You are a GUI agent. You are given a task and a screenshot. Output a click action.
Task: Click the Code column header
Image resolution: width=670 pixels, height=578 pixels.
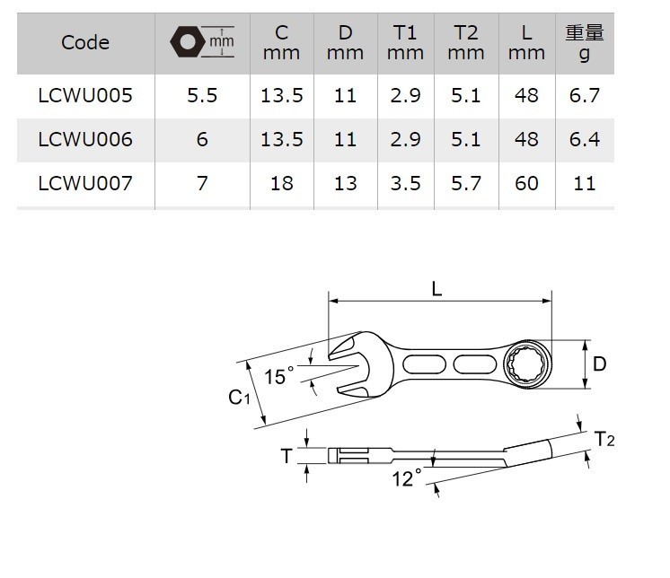point(85,42)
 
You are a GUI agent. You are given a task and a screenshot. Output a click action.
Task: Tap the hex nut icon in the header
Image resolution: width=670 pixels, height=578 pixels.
point(187,42)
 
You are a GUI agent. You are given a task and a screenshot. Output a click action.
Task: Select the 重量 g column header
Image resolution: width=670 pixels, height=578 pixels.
point(584,42)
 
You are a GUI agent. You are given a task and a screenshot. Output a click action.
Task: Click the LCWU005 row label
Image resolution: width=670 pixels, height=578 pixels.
point(85,95)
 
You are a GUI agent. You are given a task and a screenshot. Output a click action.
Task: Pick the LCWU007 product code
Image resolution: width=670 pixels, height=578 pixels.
point(85,184)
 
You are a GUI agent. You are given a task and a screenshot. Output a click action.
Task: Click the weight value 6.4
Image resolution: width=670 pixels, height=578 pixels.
point(584,140)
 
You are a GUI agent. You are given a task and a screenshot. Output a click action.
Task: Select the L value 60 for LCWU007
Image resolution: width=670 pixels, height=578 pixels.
point(526,184)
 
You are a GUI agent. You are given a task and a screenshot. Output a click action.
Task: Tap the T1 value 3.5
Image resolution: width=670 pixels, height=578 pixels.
point(406,184)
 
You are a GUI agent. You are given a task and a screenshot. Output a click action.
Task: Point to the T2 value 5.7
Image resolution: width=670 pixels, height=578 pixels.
point(465,184)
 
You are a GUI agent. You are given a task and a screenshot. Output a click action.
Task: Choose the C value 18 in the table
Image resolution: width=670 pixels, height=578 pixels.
point(281,184)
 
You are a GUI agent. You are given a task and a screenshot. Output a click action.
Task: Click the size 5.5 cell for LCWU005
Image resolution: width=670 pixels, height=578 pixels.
point(202,95)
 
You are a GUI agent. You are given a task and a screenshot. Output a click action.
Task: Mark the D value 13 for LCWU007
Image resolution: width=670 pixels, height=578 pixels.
point(345,184)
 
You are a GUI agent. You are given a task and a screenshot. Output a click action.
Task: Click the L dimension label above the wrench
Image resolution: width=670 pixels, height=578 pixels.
point(436,289)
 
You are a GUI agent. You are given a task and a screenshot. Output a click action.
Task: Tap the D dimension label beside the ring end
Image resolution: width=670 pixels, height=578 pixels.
point(599,364)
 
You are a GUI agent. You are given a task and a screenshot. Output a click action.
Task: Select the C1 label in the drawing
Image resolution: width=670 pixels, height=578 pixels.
point(239,397)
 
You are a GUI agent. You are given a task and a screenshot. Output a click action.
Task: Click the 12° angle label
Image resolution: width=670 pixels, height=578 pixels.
point(406,479)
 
